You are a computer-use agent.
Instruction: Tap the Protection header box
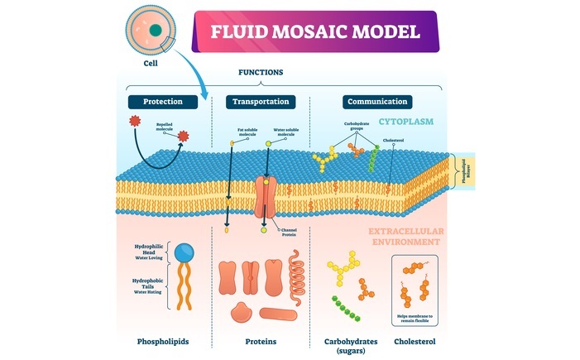[x=162, y=102]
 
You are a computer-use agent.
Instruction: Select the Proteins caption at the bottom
[x=261, y=341]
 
